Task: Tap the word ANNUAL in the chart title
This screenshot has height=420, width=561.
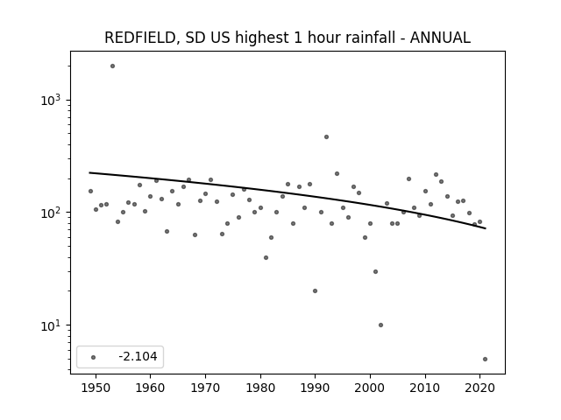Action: tap(440, 38)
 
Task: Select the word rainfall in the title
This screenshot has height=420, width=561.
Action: tap(370, 38)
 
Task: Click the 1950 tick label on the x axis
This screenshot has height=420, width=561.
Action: tap(96, 388)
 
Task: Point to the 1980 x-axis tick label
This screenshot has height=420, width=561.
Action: tap(260, 388)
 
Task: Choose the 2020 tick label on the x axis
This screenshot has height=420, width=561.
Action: tap(479, 388)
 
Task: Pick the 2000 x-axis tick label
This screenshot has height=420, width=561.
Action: tap(370, 388)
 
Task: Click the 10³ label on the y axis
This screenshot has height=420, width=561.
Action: tap(51, 100)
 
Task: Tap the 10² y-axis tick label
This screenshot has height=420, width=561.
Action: tap(51, 213)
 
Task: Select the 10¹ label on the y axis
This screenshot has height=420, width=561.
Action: tap(51, 325)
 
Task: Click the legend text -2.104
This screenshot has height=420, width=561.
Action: tap(138, 356)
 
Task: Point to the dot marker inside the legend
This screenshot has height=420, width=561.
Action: tap(94, 357)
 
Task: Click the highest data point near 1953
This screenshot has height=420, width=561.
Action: tap(112, 66)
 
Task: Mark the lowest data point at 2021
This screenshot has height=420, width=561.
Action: tap(485, 360)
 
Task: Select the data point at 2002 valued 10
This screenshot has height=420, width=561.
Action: tap(380, 325)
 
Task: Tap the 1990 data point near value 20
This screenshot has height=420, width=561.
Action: tap(315, 291)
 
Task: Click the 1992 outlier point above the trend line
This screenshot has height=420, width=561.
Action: tap(326, 136)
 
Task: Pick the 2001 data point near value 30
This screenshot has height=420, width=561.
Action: tap(375, 272)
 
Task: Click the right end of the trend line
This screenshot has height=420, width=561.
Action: tap(486, 228)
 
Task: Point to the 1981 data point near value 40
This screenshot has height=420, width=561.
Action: tap(266, 257)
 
